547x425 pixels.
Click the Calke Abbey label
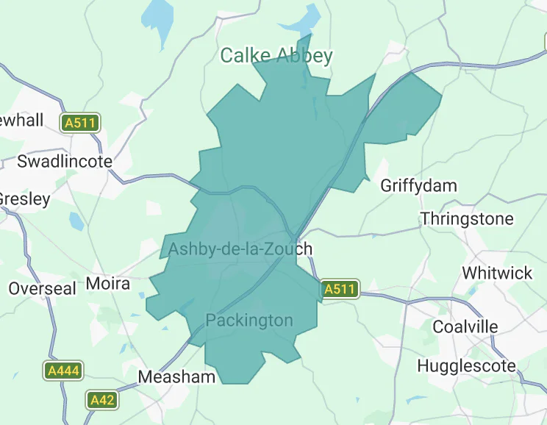(276, 56)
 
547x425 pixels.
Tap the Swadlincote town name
(65, 161)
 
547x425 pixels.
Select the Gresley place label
(24, 199)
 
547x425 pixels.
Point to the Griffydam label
(418, 185)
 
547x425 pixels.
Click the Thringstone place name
(467, 219)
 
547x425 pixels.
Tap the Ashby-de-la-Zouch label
(240, 249)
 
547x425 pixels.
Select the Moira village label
(107, 283)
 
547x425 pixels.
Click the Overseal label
(42, 288)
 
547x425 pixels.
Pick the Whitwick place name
(497, 273)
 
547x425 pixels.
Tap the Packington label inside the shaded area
(249, 321)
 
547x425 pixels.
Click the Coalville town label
(465, 326)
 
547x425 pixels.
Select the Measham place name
(177, 377)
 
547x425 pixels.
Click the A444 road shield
(62, 371)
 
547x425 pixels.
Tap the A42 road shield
(102, 400)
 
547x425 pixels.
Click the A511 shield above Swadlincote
(80, 123)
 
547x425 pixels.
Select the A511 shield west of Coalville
(340, 290)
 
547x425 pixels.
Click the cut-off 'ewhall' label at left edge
(22, 120)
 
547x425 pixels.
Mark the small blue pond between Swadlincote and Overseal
(76, 221)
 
